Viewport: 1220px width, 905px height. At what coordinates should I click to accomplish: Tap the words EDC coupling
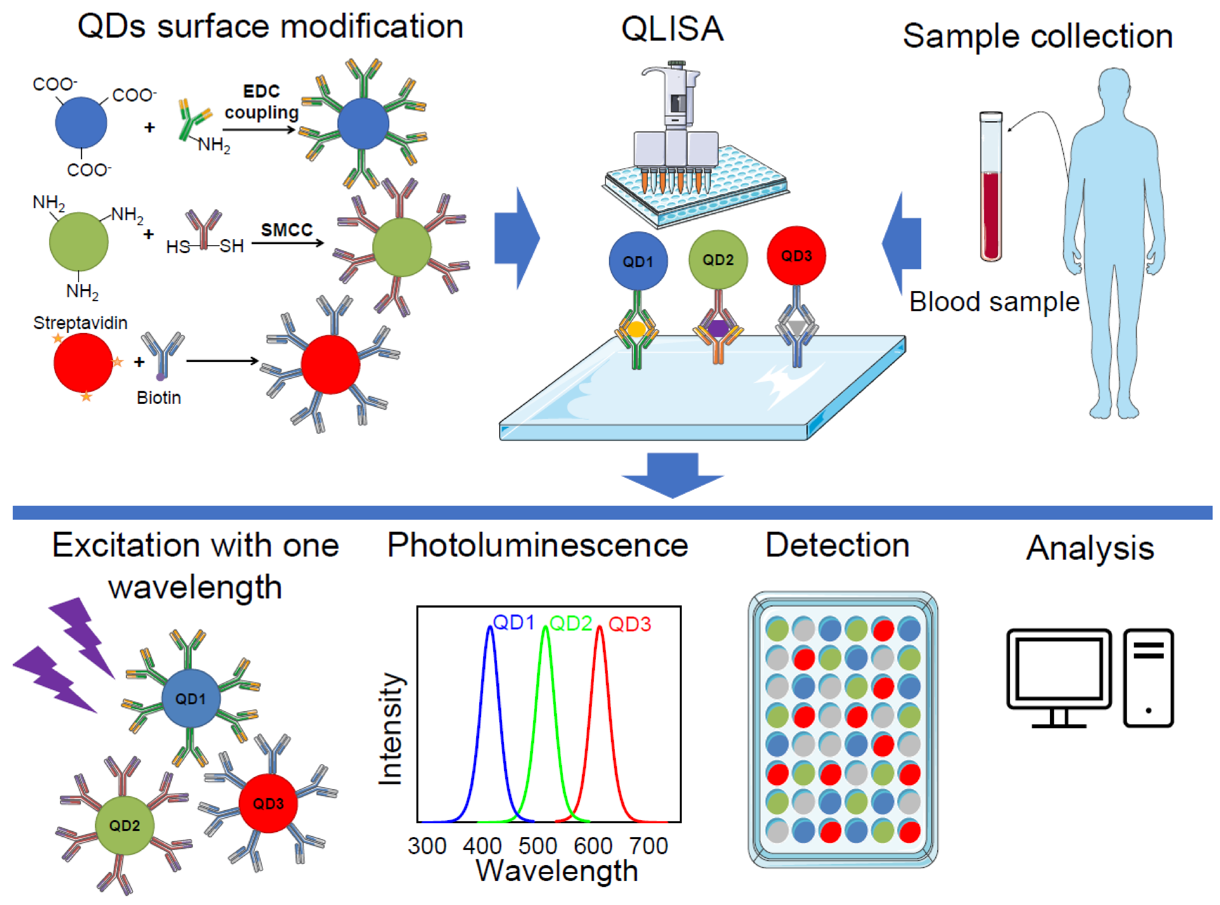tap(261, 102)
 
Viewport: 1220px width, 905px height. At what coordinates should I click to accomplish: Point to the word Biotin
tap(159, 398)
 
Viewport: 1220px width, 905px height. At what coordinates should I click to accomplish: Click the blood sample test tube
tap(991, 186)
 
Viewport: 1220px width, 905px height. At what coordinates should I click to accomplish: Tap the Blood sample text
tap(994, 302)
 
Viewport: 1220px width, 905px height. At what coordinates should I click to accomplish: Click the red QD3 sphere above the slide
tap(796, 256)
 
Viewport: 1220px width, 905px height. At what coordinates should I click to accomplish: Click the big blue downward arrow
tap(673, 474)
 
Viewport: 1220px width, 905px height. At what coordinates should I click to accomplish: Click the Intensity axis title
tap(391, 729)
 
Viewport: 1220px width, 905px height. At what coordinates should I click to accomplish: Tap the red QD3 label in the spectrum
tap(630, 624)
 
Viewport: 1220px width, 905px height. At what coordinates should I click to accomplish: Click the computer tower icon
tap(1148, 677)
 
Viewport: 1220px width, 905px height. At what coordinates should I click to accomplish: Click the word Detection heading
tap(837, 546)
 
